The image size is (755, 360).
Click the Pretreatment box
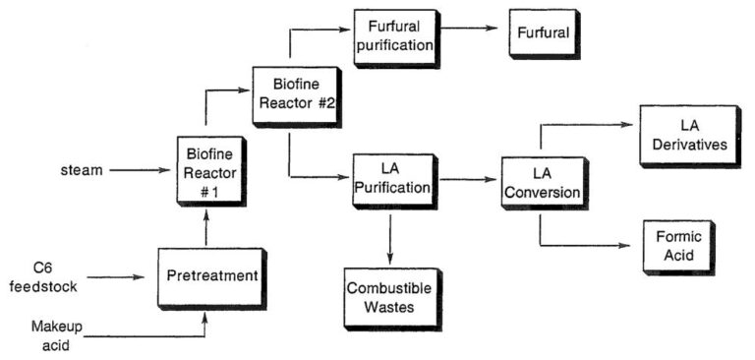click(x=210, y=277)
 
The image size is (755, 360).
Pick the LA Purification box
click(x=390, y=179)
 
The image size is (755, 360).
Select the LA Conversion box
click(x=539, y=181)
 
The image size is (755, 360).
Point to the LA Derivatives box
click(x=688, y=136)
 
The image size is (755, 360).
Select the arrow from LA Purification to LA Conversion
click(x=466, y=181)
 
